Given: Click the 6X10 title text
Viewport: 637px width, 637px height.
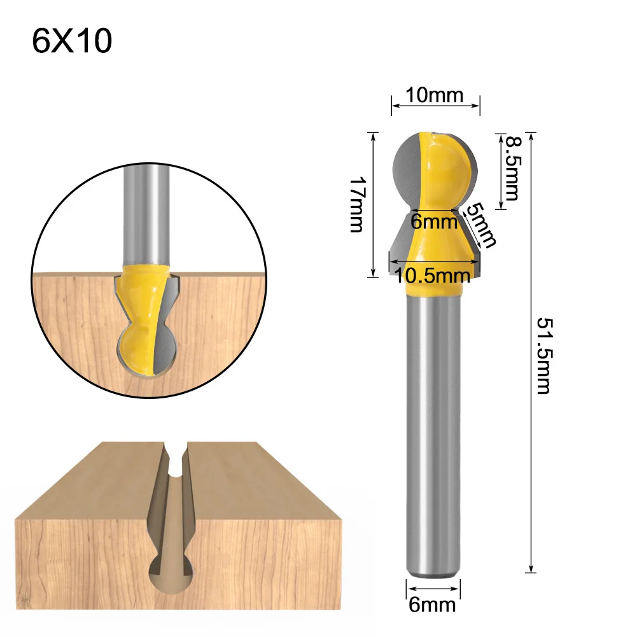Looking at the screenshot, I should click(x=72, y=41).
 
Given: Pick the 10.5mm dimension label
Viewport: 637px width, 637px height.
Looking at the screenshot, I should click(x=433, y=275).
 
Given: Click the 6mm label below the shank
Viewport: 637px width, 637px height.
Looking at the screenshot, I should click(x=433, y=604).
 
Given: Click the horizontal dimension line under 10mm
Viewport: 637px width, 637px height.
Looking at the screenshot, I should click(x=435, y=106).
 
